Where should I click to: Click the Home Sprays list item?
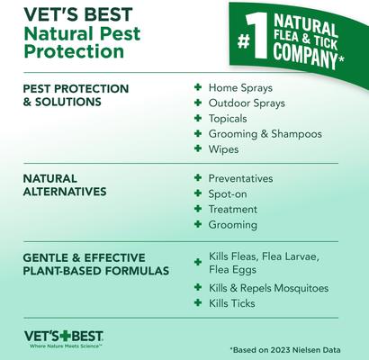[240, 89]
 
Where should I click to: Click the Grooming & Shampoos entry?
[265, 134]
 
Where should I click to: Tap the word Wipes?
[225, 149]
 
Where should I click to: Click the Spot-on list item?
[227, 193]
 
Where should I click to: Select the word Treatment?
[233, 209]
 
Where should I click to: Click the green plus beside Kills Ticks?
[197, 303]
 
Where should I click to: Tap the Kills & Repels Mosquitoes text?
[268, 288]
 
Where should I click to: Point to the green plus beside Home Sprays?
[197, 89]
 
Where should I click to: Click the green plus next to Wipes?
[197, 149]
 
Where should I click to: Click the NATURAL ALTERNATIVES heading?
[65, 184]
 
